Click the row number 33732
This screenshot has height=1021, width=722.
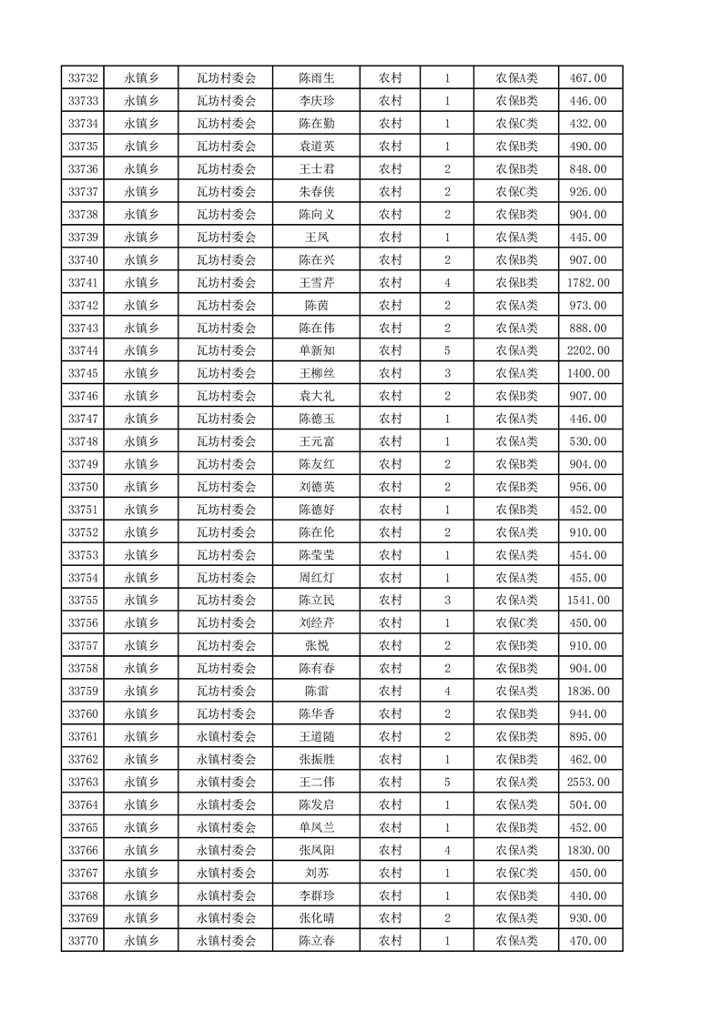[x=83, y=78]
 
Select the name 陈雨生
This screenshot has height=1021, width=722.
[x=316, y=78]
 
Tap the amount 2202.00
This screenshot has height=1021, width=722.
[x=587, y=350]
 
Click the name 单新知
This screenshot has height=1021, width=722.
[x=316, y=350]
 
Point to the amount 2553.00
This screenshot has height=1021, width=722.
[x=587, y=782]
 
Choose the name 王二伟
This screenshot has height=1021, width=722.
[x=316, y=782]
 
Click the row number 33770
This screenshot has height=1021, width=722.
[x=83, y=941]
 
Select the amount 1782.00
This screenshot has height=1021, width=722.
[x=587, y=282]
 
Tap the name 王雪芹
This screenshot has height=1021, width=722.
[x=316, y=282]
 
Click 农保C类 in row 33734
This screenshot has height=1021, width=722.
[x=516, y=124]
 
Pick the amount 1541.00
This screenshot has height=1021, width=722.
[x=587, y=600]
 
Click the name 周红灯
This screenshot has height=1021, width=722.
[x=316, y=578]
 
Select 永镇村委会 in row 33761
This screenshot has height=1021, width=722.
[x=227, y=736]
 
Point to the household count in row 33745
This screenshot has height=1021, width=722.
[x=447, y=373]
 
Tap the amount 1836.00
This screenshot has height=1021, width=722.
[x=587, y=691]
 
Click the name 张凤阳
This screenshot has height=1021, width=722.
[x=316, y=850]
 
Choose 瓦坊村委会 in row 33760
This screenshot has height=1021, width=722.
[x=227, y=713]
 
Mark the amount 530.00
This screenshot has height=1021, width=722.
[x=587, y=441]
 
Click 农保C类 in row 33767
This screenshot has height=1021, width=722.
[x=516, y=873]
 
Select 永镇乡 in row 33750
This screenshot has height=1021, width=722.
[x=141, y=487]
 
